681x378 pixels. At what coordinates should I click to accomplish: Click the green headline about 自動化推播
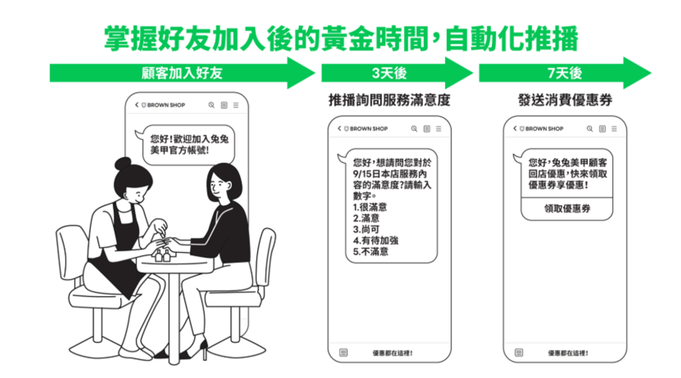[x=341, y=39]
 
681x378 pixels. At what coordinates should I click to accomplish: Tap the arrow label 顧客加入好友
[x=181, y=73]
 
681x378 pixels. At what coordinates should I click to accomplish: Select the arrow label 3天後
[x=389, y=73]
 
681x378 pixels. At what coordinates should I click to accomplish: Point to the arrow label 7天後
[x=565, y=73]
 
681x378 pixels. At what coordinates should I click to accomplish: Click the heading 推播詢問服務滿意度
[x=389, y=100]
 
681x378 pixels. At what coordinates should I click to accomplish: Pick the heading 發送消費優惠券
[x=565, y=100]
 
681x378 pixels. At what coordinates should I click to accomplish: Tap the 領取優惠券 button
[x=567, y=209]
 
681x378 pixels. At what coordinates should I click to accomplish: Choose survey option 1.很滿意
[x=369, y=207]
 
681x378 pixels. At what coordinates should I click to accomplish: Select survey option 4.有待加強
[x=376, y=241]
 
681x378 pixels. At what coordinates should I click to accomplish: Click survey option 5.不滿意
[x=371, y=252]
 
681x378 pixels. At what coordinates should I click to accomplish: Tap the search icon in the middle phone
[x=414, y=129]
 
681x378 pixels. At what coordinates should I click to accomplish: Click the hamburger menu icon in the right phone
[x=614, y=129]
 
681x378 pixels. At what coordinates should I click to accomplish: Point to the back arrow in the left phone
[x=136, y=105]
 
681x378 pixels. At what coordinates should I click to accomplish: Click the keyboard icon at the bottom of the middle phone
[x=343, y=353]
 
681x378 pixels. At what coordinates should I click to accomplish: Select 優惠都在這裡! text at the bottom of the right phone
[x=568, y=353]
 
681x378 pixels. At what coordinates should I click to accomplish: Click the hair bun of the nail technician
[x=122, y=163]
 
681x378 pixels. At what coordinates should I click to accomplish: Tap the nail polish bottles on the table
[x=162, y=255]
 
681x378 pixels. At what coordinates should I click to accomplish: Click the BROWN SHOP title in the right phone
[x=544, y=129]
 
